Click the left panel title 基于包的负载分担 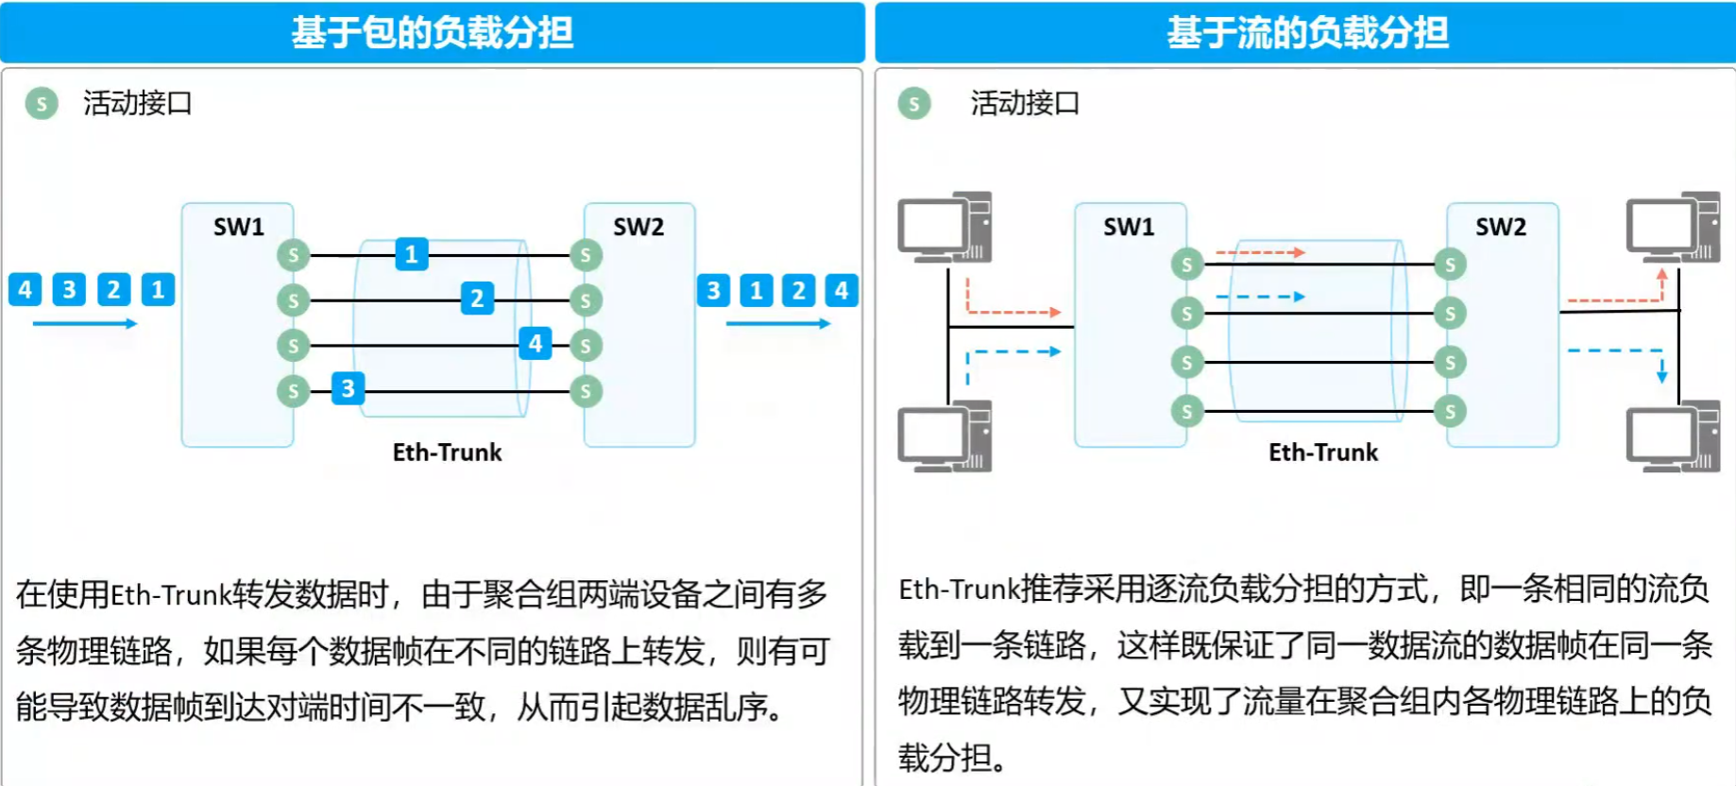point(432,32)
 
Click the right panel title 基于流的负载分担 point(1307,32)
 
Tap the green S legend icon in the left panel point(42,103)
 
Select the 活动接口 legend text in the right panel point(1025,103)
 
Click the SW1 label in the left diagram point(238,227)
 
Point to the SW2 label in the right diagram point(1501,227)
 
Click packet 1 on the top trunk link point(411,254)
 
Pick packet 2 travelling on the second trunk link point(477,299)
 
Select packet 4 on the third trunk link point(536,343)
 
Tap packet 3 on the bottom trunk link point(348,388)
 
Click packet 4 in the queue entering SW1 point(26,289)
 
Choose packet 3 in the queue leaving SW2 point(714,290)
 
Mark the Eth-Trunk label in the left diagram point(447,453)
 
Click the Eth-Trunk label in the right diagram point(1323,453)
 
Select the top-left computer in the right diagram point(945,227)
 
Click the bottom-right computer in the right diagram point(1673,436)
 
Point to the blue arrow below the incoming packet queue point(85,324)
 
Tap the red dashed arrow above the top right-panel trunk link point(1260,252)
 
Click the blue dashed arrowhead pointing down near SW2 point(1661,375)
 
